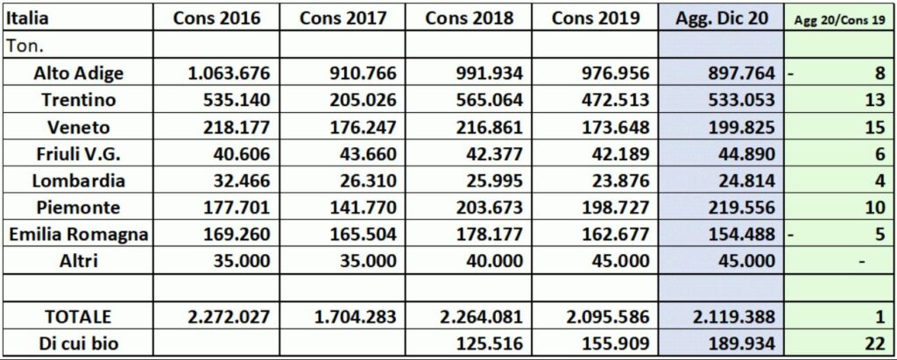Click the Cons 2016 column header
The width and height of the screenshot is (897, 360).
click(217, 18)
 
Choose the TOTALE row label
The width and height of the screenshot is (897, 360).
click(77, 315)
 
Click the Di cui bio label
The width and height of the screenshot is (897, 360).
click(77, 342)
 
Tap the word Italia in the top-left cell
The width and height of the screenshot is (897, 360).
click(26, 18)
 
